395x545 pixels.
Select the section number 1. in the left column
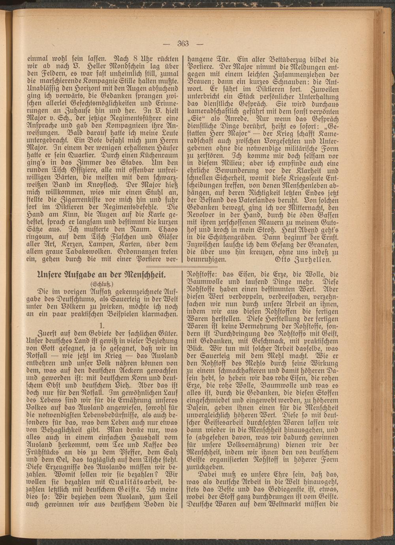point(102,326)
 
